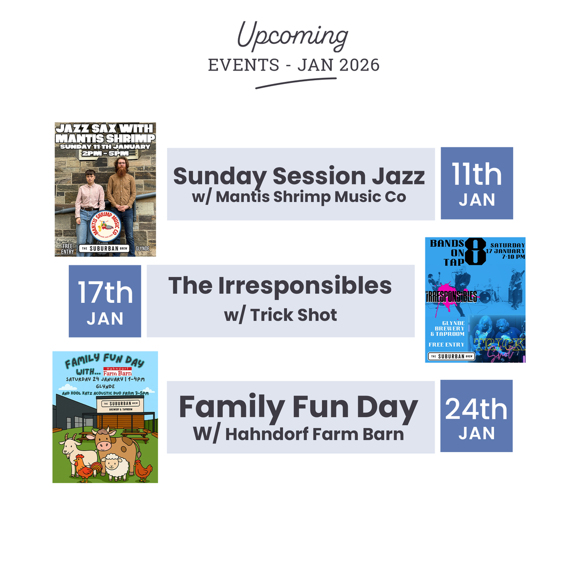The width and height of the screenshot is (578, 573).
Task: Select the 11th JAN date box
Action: point(477,183)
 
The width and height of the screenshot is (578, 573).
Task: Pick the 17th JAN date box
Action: point(105,301)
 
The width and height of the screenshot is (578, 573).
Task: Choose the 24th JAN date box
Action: point(476,416)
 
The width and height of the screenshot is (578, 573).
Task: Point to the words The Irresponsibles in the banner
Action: point(280,286)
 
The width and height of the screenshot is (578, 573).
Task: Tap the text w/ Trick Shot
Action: point(280,315)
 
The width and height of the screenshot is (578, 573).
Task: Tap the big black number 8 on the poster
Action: point(475,251)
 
